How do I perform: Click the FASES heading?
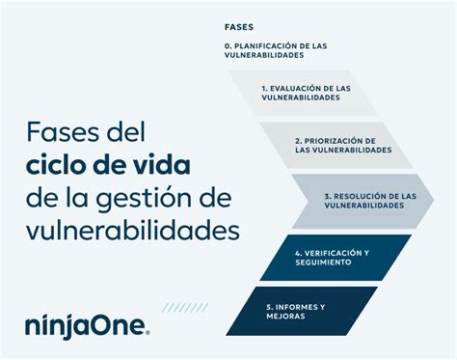[239, 26]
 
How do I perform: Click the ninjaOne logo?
[87, 326]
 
